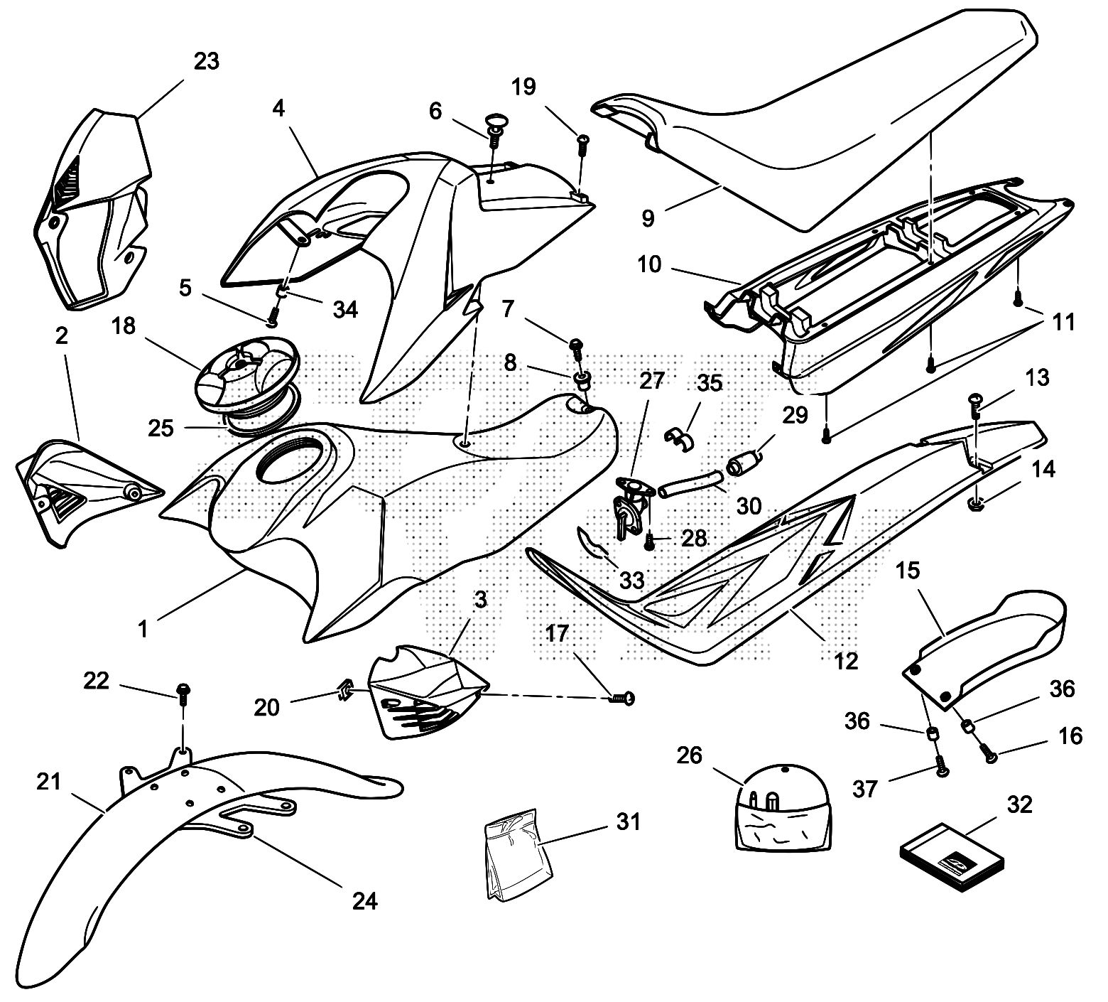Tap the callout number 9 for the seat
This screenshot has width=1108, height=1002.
click(x=647, y=218)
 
